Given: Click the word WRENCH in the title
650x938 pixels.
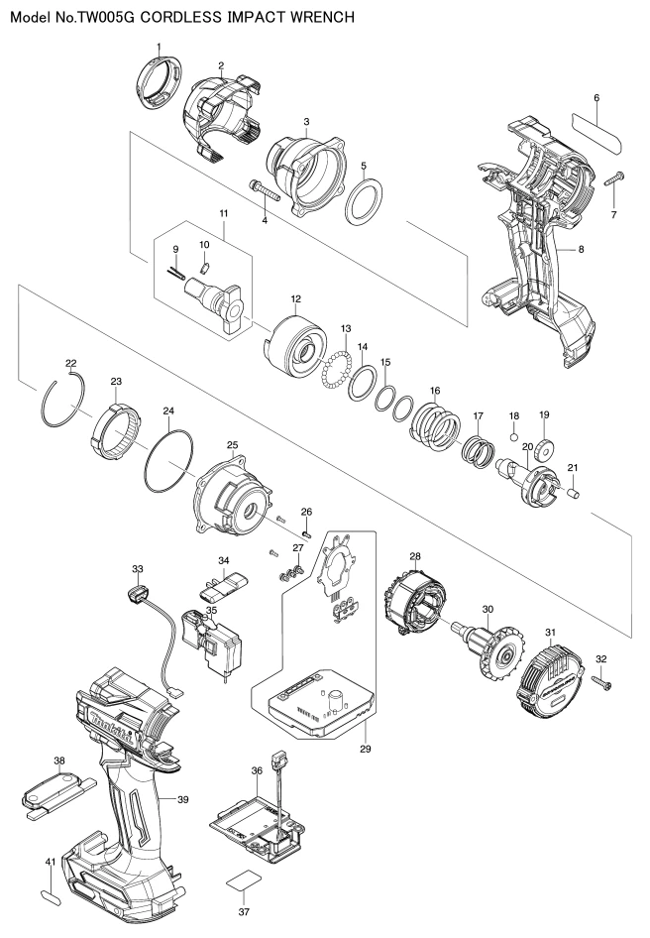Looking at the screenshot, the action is point(322,17).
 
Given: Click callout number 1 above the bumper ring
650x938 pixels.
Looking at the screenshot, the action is point(160,47).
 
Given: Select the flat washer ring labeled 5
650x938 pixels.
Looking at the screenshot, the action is point(365,200).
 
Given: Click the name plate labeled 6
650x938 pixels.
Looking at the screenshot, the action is point(597,128).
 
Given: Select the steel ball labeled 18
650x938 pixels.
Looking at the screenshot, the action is point(513,436).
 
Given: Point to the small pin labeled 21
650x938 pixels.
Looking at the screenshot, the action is point(574,494).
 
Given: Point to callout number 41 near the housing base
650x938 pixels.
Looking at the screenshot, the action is point(51,862).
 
